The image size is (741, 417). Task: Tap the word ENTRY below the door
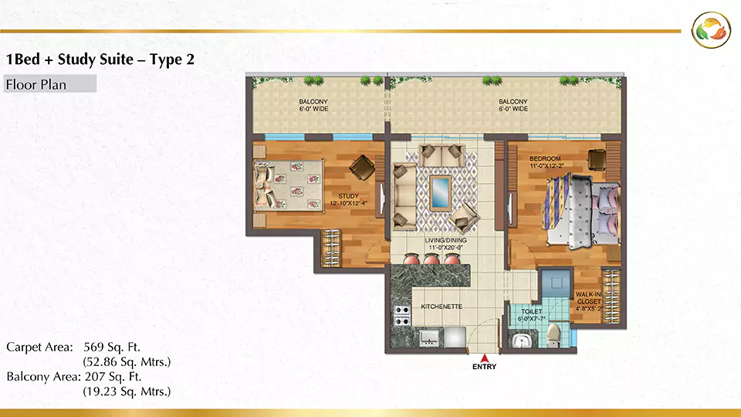[485, 366]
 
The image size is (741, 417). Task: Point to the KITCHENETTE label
[442, 307]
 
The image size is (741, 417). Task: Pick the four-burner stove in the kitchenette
[401, 315]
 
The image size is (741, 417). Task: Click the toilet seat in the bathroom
[553, 334]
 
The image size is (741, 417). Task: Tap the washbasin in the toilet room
[521, 341]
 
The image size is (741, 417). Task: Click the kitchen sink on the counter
[429, 338]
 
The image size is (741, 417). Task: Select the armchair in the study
[363, 168]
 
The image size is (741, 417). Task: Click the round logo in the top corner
[711, 30]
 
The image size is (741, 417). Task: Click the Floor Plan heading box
[50, 83]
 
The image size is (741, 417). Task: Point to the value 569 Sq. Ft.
[112, 347]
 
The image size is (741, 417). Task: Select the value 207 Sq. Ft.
[113, 377]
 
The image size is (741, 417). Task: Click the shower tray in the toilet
[557, 283]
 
